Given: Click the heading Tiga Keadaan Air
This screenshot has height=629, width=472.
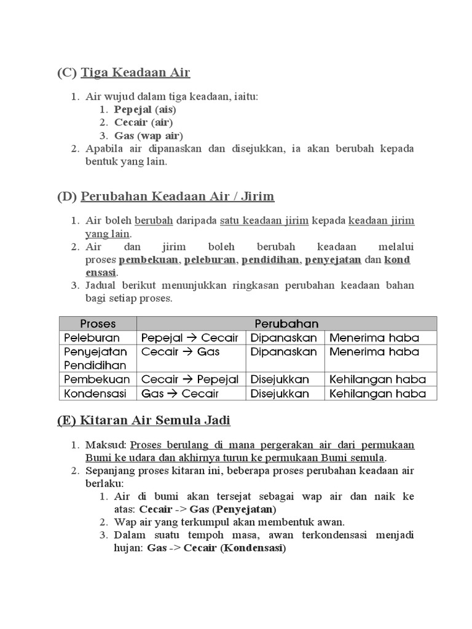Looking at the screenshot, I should pos(135,72).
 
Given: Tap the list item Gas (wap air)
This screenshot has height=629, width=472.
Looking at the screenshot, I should pos(149,135).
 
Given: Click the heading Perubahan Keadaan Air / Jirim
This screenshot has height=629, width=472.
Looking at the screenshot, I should pos(177,197).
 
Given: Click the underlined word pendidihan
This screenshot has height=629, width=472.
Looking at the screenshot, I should pos(271,260).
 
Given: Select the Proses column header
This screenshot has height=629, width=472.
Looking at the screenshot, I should pos(98,324).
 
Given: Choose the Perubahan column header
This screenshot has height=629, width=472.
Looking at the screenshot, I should pos(286,324).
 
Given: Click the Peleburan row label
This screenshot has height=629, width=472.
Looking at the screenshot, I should pos(92,338).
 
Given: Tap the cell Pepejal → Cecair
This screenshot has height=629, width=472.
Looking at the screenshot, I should pos(189,338).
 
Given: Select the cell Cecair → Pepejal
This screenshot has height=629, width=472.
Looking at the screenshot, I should pos(189,380).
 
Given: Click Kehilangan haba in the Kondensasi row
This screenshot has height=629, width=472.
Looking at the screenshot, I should pos(377,394).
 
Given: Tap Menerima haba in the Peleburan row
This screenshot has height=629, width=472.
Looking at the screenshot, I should pos(374,338).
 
